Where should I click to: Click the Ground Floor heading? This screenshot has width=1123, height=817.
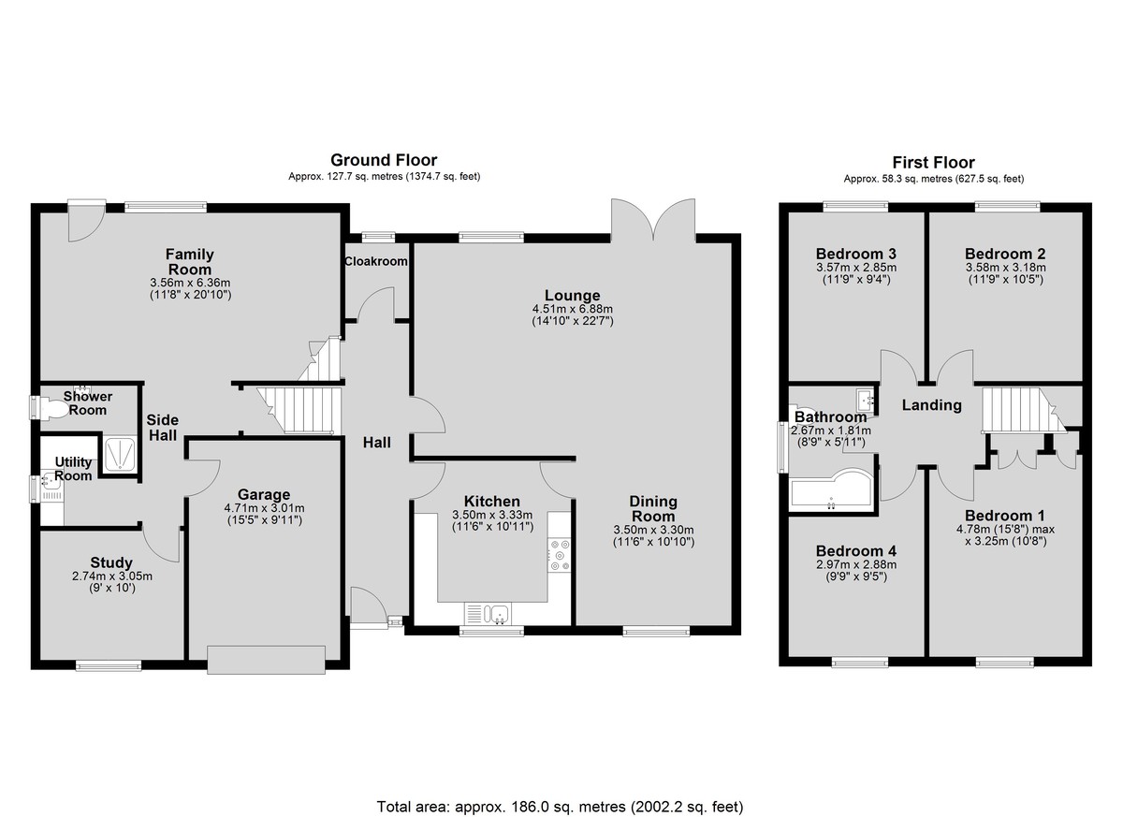tap(384, 160)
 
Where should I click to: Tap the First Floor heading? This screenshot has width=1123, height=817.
tap(934, 163)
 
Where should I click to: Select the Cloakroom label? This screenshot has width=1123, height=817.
tap(376, 261)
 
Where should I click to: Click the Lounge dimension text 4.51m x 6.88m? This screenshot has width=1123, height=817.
tap(573, 309)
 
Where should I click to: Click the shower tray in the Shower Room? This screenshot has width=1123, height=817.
tap(120, 454)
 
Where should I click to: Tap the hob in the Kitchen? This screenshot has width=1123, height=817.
tap(560, 555)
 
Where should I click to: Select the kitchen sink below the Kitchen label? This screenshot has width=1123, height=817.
tap(488, 614)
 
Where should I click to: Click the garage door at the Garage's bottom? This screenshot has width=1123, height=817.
tap(266, 660)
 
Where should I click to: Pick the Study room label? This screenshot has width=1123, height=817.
tap(111, 562)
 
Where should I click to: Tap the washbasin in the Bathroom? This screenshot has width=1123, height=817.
tap(866, 400)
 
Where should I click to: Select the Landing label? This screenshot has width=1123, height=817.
tap(931, 405)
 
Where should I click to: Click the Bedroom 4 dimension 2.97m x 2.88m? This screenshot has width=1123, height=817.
tap(856, 564)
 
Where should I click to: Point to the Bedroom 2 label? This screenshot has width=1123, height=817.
tap(1005, 254)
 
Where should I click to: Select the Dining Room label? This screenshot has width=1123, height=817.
tap(653, 509)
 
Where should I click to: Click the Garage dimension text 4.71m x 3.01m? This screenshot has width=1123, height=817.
tap(264, 508)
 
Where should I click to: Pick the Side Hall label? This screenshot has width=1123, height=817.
tap(163, 428)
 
